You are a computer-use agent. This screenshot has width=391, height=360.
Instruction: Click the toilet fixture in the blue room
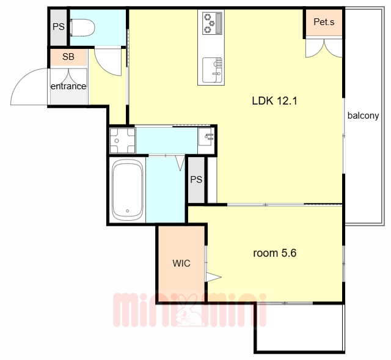point(82,28)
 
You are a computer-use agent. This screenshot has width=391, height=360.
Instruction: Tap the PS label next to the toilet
point(59,27)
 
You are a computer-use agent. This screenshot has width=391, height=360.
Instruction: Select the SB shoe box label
point(68,57)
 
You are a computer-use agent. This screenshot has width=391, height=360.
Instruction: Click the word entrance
point(68,86)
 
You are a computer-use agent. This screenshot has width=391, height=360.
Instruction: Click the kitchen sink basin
point(212,70)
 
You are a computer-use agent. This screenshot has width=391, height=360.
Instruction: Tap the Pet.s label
point(324,22)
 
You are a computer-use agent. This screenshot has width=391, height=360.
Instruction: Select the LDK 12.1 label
point(274,101)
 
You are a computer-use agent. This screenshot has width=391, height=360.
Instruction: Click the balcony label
point(364,116)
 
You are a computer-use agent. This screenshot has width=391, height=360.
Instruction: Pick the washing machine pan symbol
point(122,141)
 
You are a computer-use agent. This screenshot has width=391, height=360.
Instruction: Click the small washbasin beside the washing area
point(206,137)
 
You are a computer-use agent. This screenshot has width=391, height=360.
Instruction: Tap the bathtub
point(128,190)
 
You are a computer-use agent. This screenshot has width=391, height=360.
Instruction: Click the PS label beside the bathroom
point(196,179)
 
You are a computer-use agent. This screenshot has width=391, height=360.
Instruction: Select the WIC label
point(181,263)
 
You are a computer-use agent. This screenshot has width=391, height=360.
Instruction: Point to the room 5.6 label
point(274,253)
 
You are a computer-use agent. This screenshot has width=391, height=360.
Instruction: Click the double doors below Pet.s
point(324,48)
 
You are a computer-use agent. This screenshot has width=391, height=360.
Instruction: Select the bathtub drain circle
point(128,211)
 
